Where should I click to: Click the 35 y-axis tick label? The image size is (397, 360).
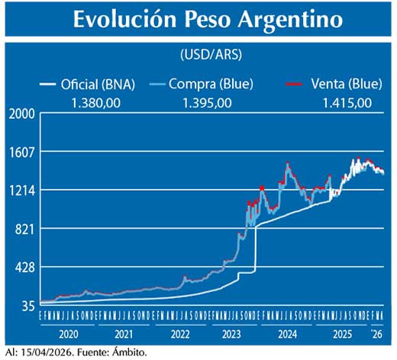(x=27, y=306)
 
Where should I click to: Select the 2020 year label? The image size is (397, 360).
(x=67, y=334)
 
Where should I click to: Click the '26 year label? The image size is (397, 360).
(x=376, y=334)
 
